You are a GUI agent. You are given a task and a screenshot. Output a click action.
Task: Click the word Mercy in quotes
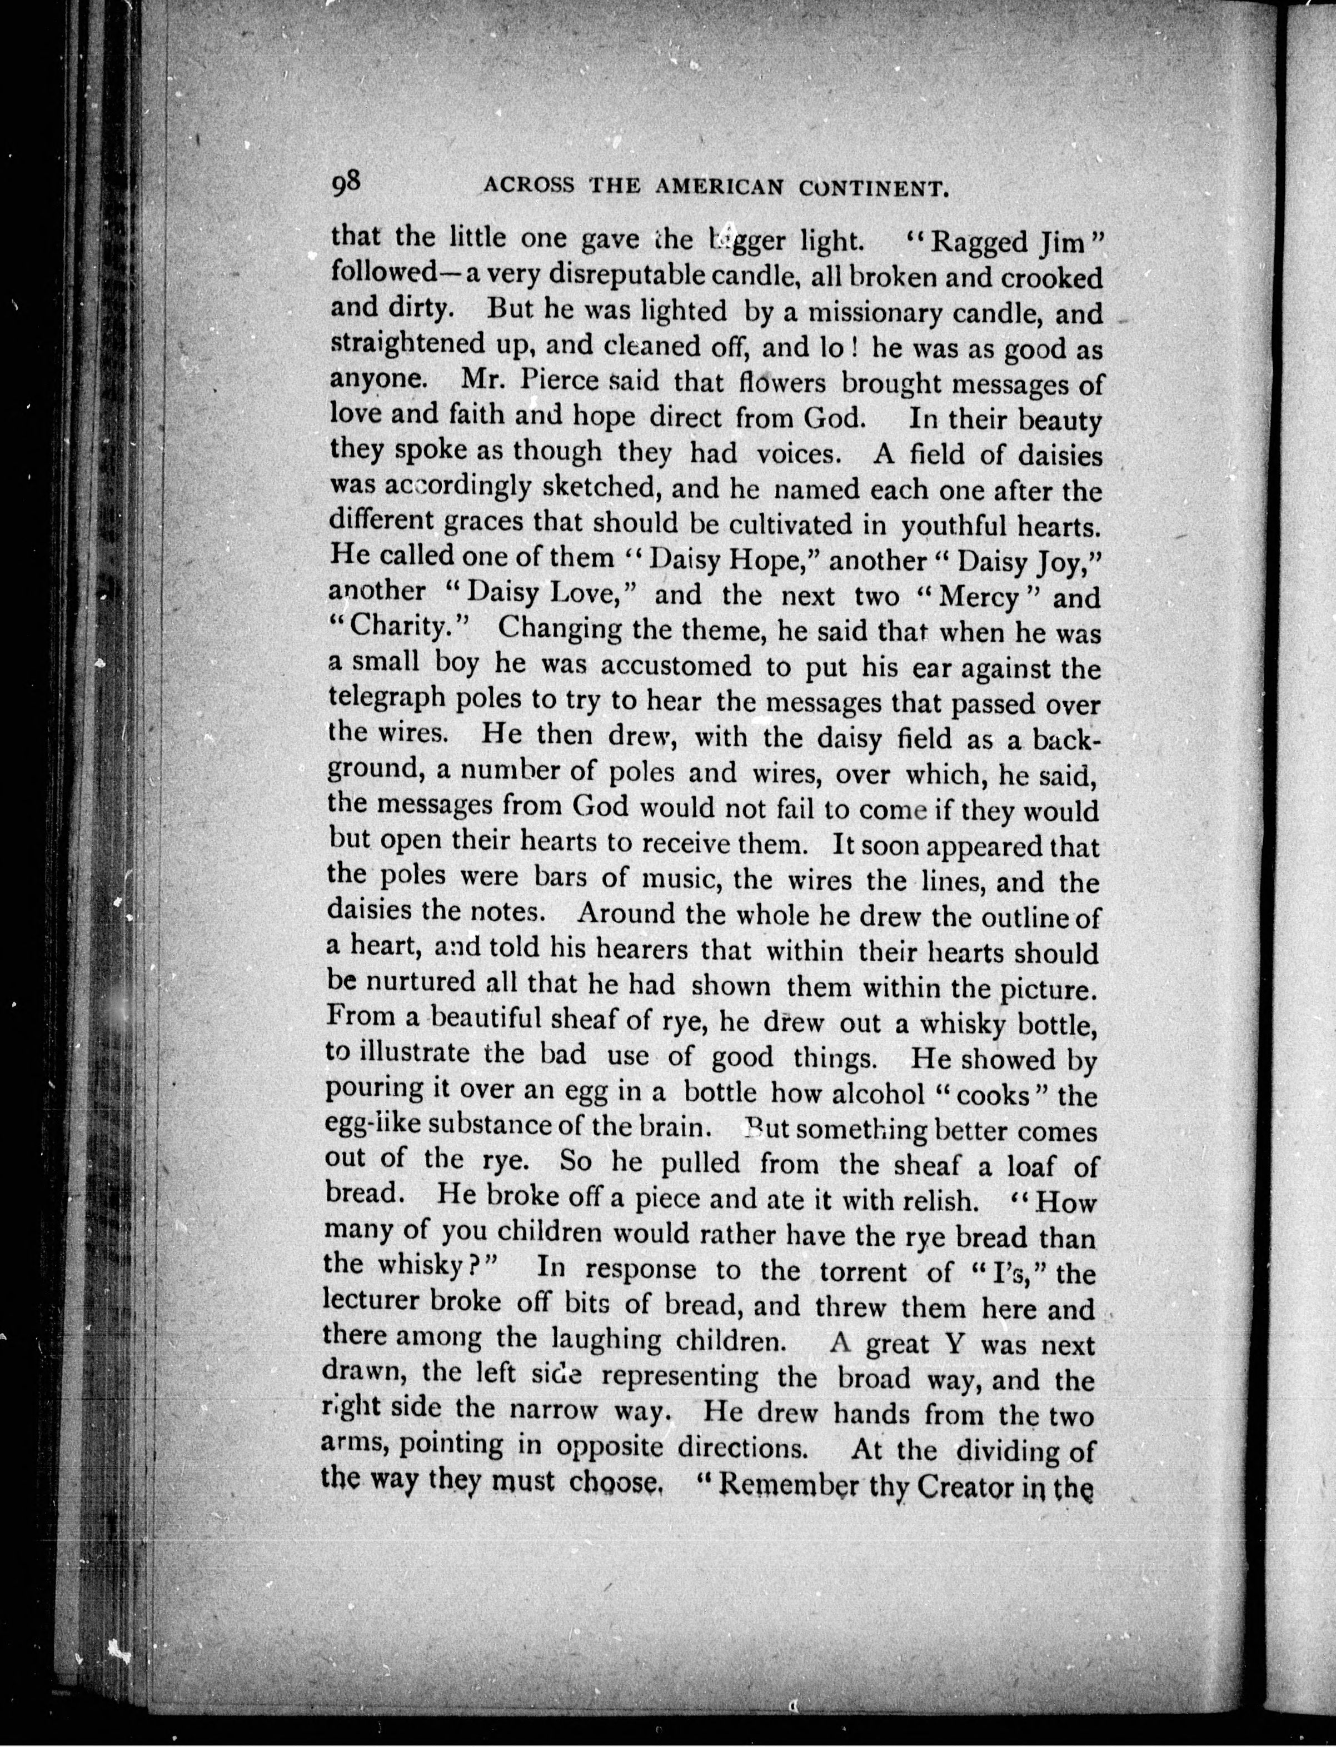coord(978,596)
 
